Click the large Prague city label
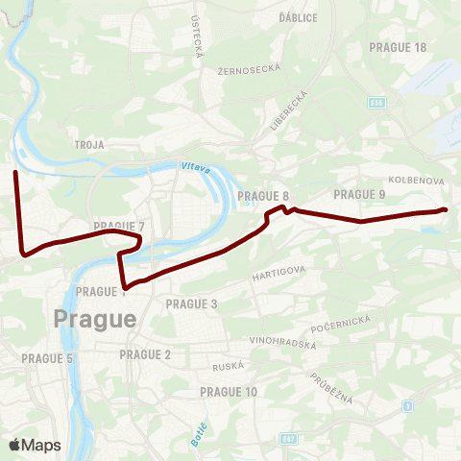[95, 318]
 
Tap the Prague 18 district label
[398, 47]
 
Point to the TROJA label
[88, 144]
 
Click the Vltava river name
[195, 168]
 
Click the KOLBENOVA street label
[415, 180]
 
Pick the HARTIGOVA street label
[279, 274]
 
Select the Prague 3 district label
[192, 303]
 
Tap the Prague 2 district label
[145, 354]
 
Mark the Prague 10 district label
[229, 392]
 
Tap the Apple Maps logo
[35, 445]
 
